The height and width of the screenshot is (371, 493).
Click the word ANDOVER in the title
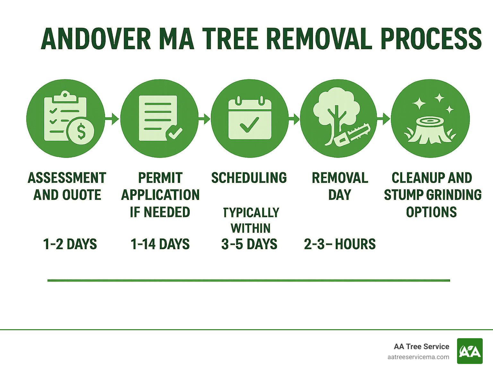96,39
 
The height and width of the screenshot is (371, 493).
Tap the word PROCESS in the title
431,39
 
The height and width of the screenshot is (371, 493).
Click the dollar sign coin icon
81,131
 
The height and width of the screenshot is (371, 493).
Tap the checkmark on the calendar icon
249,125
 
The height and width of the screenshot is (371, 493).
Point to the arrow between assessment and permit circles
112,119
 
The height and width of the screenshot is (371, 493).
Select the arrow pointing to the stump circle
384,119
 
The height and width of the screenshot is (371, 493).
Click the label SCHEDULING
249,178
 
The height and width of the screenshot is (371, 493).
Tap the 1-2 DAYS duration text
70,244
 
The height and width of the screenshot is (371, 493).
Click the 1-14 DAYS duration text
160,244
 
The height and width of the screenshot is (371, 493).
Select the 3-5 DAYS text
249,244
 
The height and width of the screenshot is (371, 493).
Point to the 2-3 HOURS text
340,244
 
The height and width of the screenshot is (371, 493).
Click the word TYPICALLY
251,213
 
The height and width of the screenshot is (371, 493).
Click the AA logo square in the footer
470,351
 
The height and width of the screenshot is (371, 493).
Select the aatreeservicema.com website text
418,357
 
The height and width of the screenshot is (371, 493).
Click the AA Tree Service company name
421,346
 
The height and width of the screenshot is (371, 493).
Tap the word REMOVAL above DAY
340,178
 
